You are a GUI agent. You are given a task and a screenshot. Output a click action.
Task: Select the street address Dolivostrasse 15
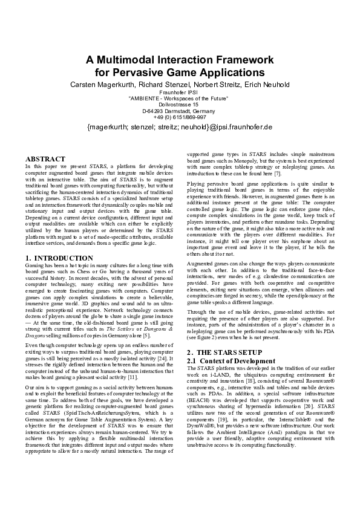[180, 104]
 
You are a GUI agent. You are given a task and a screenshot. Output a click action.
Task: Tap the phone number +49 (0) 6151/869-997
[180, 117]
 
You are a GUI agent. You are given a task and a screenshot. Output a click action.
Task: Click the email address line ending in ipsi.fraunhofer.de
[180, 128]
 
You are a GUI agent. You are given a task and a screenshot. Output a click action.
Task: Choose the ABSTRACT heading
[45, 158]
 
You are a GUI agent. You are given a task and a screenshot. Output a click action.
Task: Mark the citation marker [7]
[292, 173]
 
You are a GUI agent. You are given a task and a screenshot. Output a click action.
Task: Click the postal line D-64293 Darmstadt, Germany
[180, 111]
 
